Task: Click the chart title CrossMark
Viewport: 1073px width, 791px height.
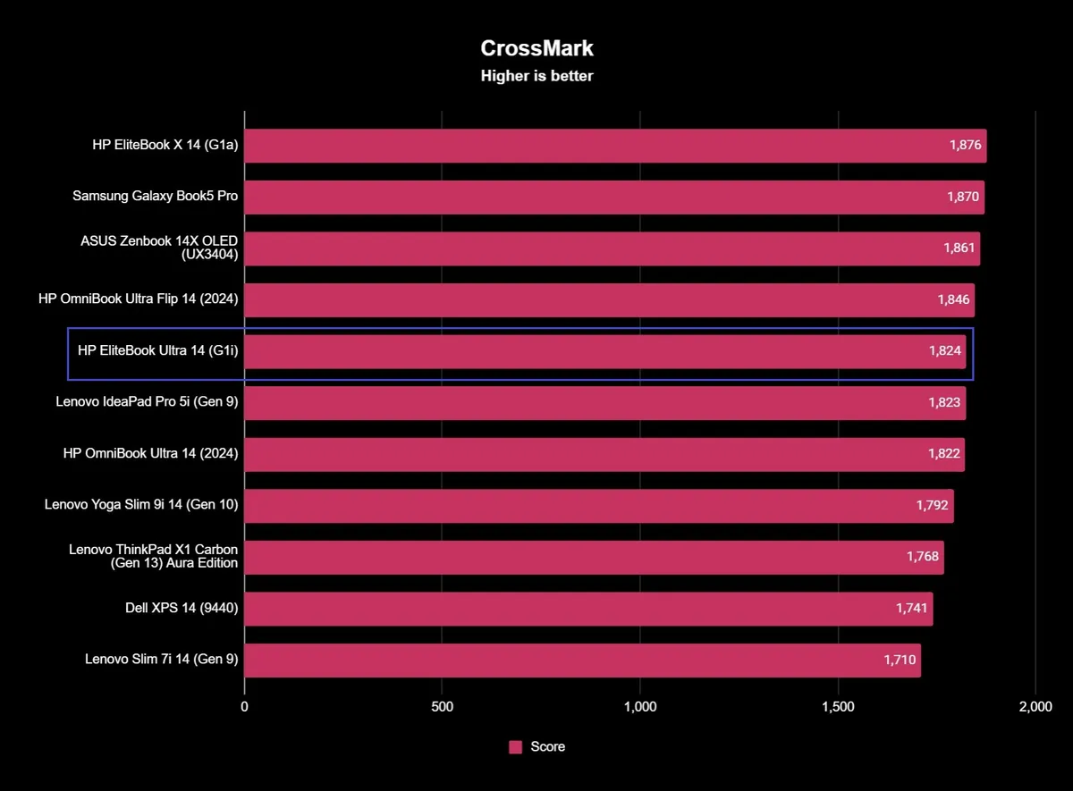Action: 536,48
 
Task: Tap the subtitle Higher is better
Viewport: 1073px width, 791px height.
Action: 536,76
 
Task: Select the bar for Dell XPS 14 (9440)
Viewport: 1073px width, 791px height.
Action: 587,609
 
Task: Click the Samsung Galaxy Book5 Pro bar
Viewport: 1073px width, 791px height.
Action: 613,198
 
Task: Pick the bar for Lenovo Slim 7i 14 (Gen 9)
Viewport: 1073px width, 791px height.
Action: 581,661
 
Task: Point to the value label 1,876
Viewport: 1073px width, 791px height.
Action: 967,146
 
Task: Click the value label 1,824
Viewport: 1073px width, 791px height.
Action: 944,352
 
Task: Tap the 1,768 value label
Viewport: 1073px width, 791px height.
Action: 923,557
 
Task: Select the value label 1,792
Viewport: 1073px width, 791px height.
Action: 933,506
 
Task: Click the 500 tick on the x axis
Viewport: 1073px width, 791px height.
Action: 442,707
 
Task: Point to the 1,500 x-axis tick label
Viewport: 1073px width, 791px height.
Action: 838,707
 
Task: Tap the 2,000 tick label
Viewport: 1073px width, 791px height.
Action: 1035,707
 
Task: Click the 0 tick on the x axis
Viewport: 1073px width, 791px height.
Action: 244,707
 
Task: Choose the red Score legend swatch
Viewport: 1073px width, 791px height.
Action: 515,747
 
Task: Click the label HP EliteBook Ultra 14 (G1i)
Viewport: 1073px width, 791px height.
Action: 158,351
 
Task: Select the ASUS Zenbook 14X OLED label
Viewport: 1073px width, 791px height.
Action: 159,248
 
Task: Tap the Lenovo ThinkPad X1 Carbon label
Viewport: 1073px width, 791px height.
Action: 154,557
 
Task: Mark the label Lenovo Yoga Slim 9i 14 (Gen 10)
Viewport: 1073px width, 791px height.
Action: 141,505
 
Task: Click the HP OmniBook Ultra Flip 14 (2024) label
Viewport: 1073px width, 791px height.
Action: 139,299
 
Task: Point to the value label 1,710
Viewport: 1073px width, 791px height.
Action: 900,661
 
